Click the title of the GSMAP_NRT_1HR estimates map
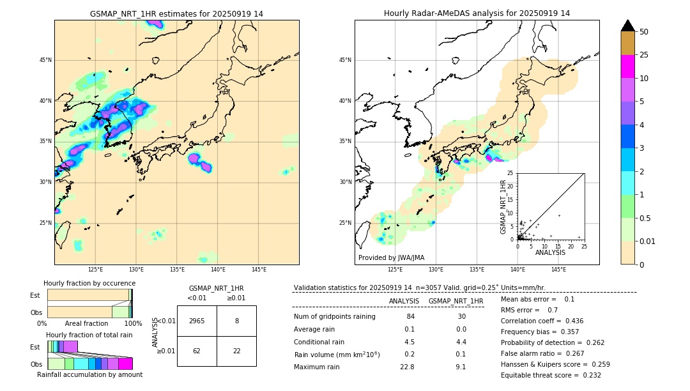tap(176, 13)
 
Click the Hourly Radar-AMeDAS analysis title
tap(477, 13)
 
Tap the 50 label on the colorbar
tap(644, 32)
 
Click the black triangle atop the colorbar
tap(627, 26)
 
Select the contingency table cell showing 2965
tap(197, 321)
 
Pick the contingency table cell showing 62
tap(197, 351)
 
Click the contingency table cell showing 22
tap(236, 351)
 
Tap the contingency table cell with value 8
tap(236, 321)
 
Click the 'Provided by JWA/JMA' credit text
tap(391, 257)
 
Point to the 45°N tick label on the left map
tap(45, 60)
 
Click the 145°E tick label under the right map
tap(558, 270)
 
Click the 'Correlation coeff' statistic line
tap(542, 321)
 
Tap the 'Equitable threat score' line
tap(551, 375)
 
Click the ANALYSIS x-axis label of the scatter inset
tap(550, 252)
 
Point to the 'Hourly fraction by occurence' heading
tap(89, 283)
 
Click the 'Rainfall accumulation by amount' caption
tap(89, 374)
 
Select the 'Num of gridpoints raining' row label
tap(334, 316)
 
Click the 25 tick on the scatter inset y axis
tap(511, 173)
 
